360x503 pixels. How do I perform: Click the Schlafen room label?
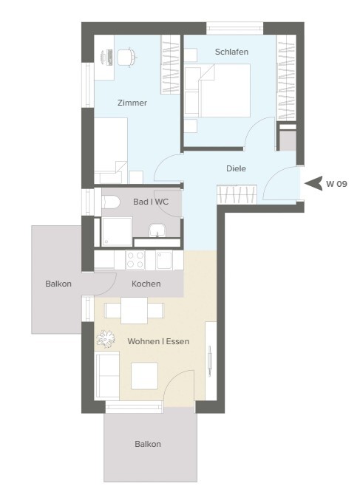[x=231, y=52]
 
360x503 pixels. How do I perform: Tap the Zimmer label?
[x=132, y=103]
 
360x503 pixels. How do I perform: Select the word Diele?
[x=236, y=168]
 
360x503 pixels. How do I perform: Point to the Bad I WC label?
[x=151, y=202]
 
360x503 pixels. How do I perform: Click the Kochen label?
[x=146, y=284]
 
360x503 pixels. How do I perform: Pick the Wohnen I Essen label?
[x=158, y=341]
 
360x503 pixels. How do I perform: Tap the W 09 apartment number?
[x=336, y=184]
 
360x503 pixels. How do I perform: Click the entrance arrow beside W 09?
[x=313, y=183]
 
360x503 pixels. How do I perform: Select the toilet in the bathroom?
[x=111, y=202]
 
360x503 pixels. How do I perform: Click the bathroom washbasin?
[x=157, y=230]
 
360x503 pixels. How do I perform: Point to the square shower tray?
[x=117, y=232]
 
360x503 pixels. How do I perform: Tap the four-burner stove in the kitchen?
[x=135, y=260]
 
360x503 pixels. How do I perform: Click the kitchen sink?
[x=164, y=260]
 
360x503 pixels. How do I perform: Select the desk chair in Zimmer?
[x=126, y=58]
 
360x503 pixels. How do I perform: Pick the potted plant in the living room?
[x=106, y=339]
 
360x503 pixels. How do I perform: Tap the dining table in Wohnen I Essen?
[x=134, y=310]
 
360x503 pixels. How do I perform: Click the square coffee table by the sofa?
[x=144, y=376]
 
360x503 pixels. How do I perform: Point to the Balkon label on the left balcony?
[x=58, y=284]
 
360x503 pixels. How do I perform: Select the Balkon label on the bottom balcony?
[x=148, y=445]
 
